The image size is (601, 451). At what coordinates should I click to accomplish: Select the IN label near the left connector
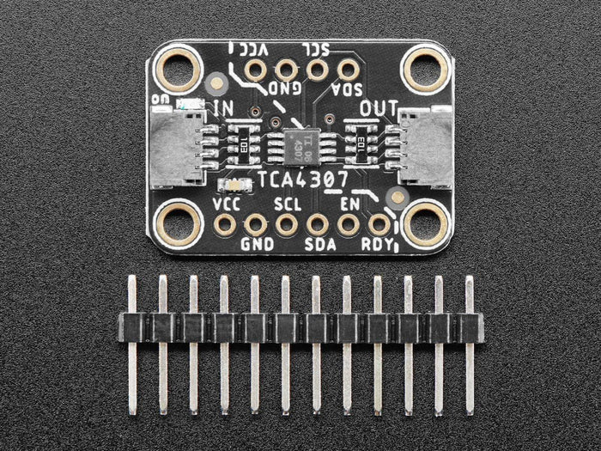click(x=224, y=108)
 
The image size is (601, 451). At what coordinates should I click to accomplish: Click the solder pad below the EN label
click(x=348, y=225)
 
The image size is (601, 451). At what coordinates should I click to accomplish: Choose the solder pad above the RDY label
click(x=379, y=225)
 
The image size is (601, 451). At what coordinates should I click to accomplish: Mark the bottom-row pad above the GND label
click(x=255, y=225)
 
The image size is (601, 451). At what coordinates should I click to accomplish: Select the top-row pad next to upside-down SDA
click(x=348, y=69)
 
